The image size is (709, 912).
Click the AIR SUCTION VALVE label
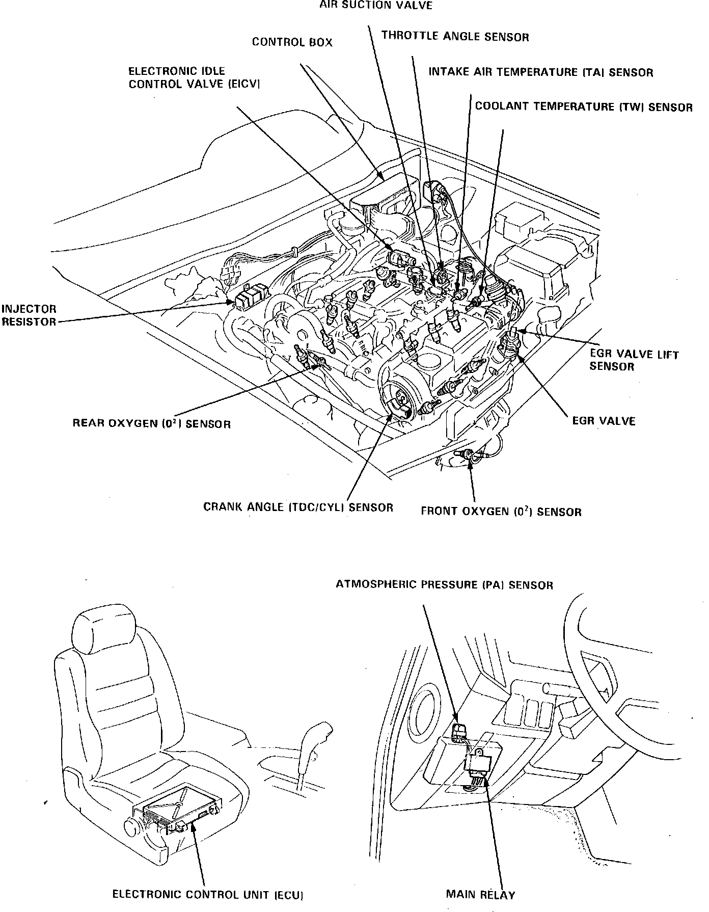pyautogui.click(x=375, y=6)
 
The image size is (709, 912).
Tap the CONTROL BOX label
pyautogui.click(x=292, y=42)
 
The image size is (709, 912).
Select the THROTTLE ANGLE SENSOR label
pyautogui.click(x=455, y=36)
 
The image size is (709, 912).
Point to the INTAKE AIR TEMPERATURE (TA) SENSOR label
pyautogui.click(x=540, y=72)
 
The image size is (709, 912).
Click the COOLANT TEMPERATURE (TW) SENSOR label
pyautogui.click(x=584, y=107)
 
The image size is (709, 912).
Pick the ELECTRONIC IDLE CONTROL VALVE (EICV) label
pyautogui.click(x=194, y=77)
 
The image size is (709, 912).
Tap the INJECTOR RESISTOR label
pyautogui.click(x=29, y=315)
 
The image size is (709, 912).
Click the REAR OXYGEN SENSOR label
pyautogui.click(x=151, y=423)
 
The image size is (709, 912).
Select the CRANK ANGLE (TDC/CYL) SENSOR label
pyautogui.click(x=298, y=507)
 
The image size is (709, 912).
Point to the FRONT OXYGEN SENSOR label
pyautogui.click(x=501, y=512)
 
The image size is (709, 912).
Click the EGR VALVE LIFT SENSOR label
pyautogui.click(x=634, y=360)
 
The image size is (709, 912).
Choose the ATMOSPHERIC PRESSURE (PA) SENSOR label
pyautogui.click(x=444, y=585)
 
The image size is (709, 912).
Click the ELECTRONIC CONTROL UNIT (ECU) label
pyautogui.click(x=208, y=894)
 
